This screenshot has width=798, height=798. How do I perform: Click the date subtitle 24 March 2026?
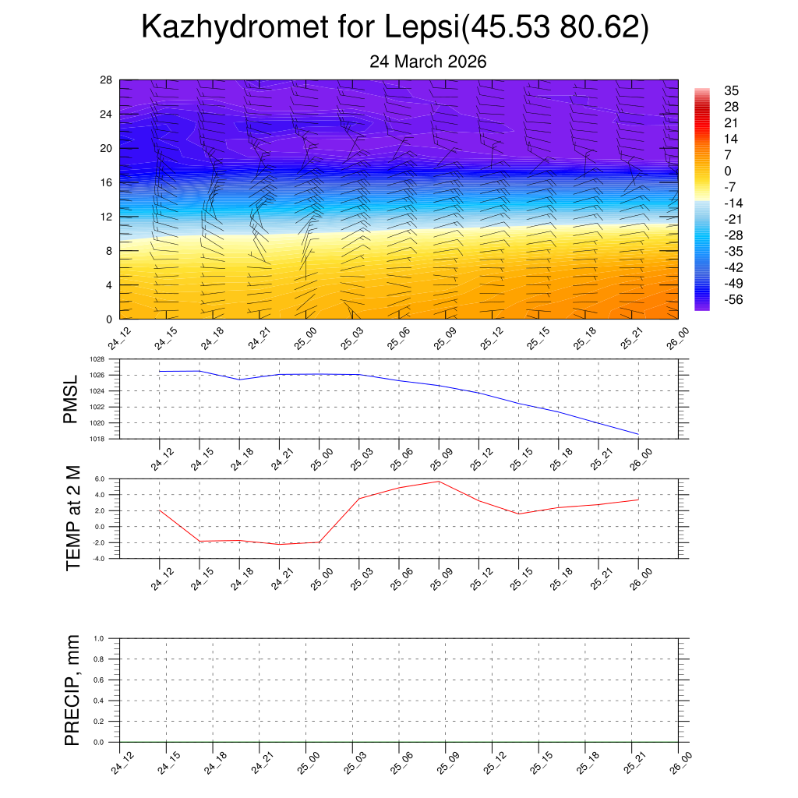(428, 62)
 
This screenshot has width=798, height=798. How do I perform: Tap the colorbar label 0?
(727, 171)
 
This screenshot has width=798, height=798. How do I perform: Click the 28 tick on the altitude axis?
(106, 80)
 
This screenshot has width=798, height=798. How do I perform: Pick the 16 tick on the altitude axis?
(106, 182)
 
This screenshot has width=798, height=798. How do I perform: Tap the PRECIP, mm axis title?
(72, 690)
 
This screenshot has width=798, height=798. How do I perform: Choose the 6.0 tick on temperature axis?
(100, 478)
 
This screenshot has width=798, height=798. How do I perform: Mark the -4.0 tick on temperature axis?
(100, 559)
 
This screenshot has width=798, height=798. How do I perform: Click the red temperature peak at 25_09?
(439, 482)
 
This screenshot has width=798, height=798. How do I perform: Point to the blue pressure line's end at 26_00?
(638, 434)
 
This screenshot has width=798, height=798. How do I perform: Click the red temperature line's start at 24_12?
(160, 510)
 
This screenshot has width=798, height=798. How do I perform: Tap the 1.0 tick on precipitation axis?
(100, 638)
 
